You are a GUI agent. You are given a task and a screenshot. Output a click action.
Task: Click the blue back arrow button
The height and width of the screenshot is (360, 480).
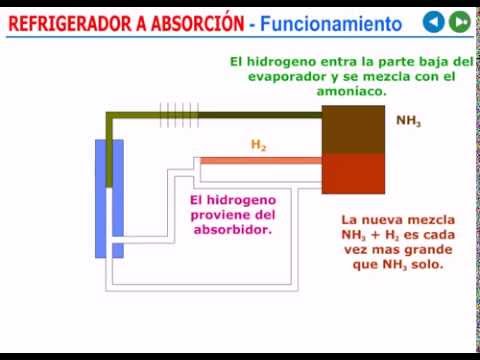coord(433,22)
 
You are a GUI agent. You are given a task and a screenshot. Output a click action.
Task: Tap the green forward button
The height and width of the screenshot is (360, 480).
coord(460,22)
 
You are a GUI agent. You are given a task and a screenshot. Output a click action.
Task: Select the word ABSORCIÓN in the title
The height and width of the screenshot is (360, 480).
coord(198,23)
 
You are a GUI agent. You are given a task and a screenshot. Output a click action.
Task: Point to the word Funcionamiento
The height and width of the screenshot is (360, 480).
coord(331,24)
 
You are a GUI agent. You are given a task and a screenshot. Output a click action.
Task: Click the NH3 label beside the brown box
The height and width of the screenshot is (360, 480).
coord(408,121)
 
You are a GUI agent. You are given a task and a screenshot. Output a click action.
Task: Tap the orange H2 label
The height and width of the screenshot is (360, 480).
coord(258,145)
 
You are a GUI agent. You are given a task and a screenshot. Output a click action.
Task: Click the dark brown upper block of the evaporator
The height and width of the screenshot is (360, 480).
coord(353,129)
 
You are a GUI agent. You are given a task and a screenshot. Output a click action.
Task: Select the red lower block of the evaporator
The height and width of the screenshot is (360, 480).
coord(353,173)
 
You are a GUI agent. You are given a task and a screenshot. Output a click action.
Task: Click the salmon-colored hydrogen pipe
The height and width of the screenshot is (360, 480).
coord(261,161)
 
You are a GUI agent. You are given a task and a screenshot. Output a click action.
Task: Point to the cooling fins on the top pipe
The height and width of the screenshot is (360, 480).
coord(179,115)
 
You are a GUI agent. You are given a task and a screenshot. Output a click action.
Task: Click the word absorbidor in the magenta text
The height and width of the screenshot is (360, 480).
coord(233,230)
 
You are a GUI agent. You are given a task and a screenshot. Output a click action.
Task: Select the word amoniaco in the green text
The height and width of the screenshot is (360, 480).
coord(351,91)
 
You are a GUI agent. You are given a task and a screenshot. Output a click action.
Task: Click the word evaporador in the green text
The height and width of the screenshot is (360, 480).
coord(287,77)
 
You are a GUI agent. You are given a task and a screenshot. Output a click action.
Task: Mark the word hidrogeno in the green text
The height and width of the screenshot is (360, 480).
coord(281,62)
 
